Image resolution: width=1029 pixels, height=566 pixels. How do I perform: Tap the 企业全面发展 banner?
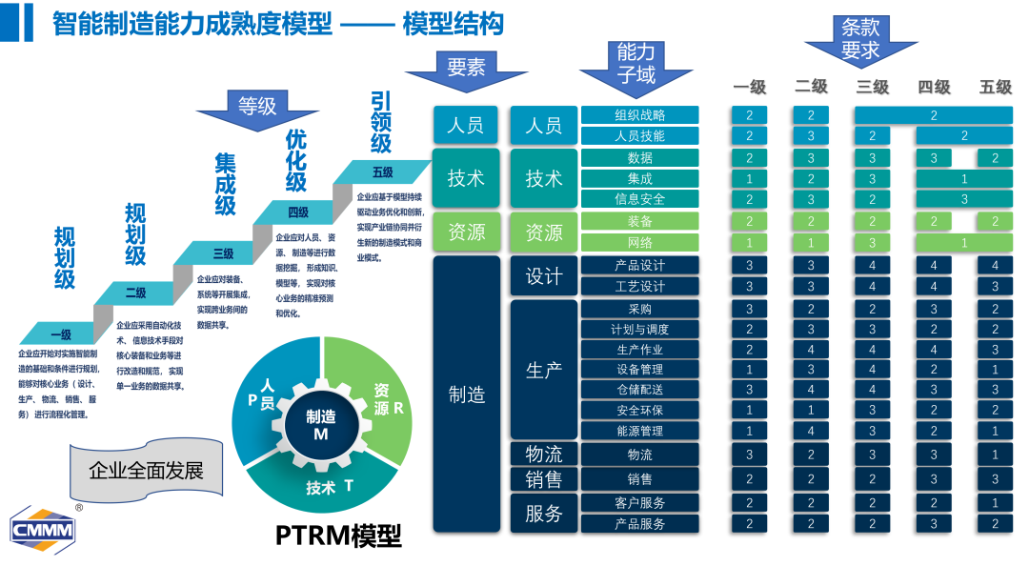(x=146, y=470)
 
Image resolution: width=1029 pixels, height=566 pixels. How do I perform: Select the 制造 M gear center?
(x=321, y=425)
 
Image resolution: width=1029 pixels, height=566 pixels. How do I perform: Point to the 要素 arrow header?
(x=466, y=70)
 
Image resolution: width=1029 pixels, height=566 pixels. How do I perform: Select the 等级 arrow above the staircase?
(x=256, y=107)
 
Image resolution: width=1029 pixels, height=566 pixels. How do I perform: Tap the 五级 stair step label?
(x=383, y=172)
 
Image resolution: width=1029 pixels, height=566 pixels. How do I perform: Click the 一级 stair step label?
(x=60, y=334)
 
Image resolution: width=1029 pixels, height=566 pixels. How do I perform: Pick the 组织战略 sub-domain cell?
(x=639, y=115)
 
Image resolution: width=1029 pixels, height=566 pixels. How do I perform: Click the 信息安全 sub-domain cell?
(x=639, y=199)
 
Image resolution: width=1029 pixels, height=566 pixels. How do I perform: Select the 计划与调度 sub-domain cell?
(x=639, y=329)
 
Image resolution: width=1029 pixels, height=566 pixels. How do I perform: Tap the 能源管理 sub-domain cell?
(x=639, y=431)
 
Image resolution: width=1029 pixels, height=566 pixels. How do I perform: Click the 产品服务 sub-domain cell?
(x=639, y=523)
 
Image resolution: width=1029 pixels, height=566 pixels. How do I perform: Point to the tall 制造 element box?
(x=467, y=394)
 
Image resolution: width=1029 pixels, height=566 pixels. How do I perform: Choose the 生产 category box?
(x=544, y=370)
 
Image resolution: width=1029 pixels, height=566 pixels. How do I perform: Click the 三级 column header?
(x=872, y=87)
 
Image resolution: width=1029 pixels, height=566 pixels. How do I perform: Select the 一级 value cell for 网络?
(x=750, y=242)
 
